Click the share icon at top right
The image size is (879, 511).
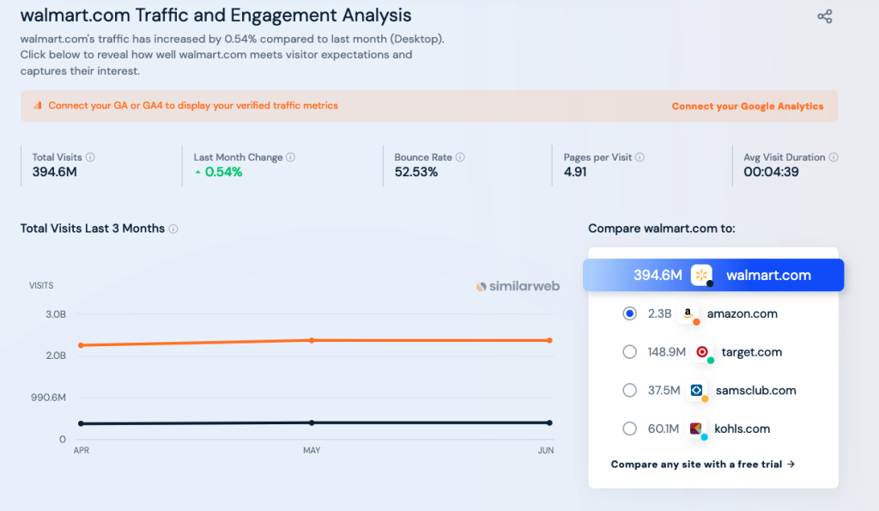pos(824,16)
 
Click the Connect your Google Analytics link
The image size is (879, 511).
pos(747,106)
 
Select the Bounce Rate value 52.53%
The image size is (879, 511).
pos(416,172)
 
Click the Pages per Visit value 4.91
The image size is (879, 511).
pos(575,172)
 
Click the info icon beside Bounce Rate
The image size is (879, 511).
pos(460,157)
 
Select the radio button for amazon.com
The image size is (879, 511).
pos(629,313)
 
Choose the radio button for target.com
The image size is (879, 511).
pos(629,351)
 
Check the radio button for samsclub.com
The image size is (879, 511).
pos(629,390)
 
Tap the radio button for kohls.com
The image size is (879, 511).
pos(629,429)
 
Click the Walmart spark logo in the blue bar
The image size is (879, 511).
pos(702,275)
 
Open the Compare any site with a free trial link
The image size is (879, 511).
pos(702,465)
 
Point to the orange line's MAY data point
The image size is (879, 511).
pos(312,340)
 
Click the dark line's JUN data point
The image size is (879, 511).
pos(549,423)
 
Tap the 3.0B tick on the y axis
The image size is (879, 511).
pos(55,314)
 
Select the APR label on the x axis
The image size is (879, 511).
pos(82,451)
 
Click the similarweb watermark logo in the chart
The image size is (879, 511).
pos(518,286)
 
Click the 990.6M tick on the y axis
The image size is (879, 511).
pos(48,398)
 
